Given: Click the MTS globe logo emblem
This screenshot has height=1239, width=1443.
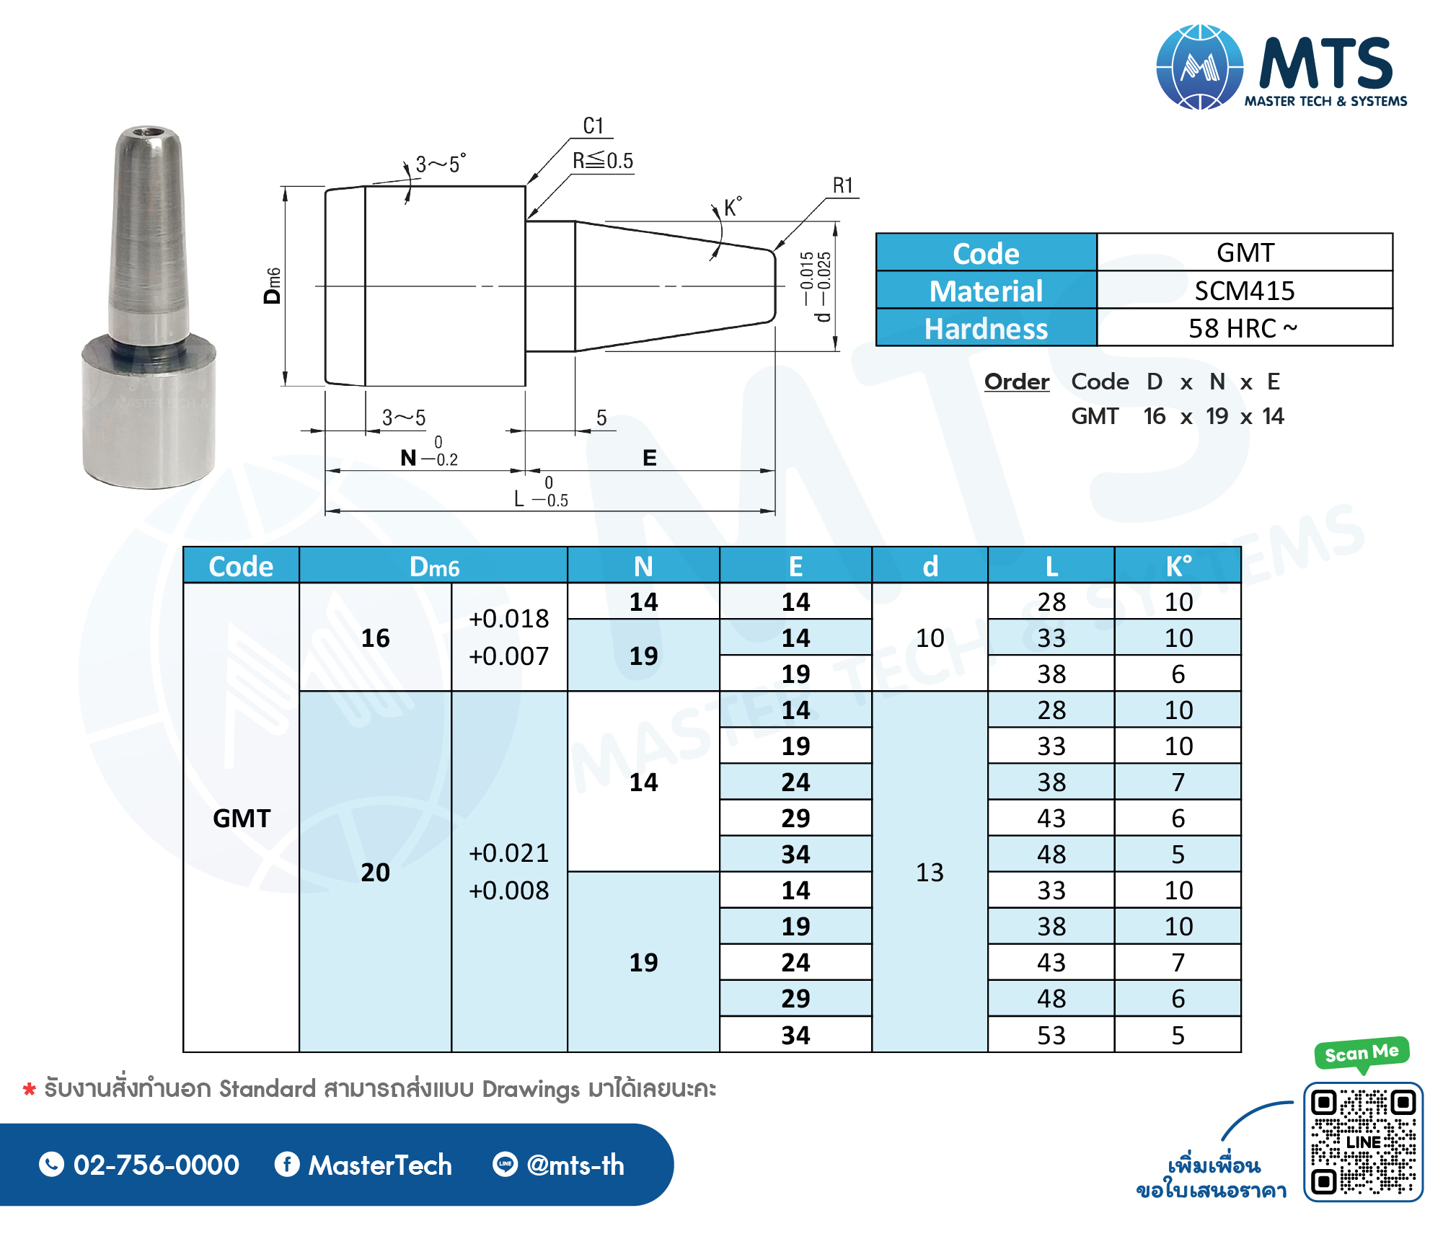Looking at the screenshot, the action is tap(1199, 67).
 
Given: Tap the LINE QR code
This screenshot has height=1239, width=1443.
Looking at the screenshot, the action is tap(1363, 1142).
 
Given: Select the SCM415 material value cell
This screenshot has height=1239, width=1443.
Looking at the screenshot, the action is tap(1245, 291).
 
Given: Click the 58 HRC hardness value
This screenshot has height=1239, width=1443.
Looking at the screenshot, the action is tap(1243, 329).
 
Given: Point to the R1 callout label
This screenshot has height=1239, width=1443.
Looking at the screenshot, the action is tap(843, 186).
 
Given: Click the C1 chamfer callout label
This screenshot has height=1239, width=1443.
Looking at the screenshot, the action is tap(593, 126).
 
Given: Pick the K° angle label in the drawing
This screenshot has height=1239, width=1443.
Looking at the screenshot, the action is tap(733, 207).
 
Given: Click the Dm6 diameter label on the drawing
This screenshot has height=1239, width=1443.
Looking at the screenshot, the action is tap(273, 286).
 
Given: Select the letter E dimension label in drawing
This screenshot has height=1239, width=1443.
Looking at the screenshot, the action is tap(650, 458).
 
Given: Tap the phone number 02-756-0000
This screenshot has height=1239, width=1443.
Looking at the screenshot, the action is tap(156, 1165).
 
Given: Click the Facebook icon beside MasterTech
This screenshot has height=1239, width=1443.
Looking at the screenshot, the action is tap(287, 1164).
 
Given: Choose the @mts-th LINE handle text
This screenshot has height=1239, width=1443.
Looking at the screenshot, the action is tap(575, 1165).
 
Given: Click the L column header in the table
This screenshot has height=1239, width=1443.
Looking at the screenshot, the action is tap(1051, 566).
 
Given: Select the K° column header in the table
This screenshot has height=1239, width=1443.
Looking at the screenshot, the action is tap(1178, 566).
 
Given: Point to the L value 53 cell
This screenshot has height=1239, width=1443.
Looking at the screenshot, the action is tap(1051, 1036).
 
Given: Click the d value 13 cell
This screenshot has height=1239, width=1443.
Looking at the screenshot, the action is tap(930, 873).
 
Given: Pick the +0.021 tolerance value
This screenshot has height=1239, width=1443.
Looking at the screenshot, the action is tap(508, 853).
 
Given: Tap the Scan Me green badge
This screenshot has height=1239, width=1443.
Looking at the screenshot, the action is tap(1362, 1053).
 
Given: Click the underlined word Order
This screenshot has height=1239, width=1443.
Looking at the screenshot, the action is tap(1017, 382).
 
